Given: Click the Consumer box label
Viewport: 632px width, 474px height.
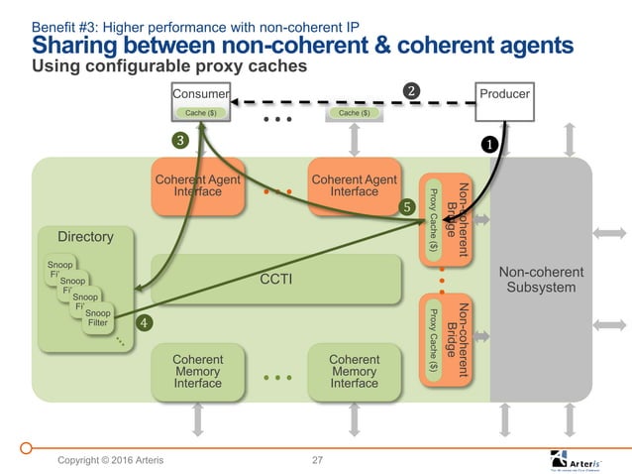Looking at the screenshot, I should pyautogui.click(x=201, y=95).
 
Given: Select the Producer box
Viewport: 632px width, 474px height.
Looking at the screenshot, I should pyautogui.click(x=505, y=94).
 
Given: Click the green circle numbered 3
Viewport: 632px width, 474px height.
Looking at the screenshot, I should pyautogui.click(x=180, y=140).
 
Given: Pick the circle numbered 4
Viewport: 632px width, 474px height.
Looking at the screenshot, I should pyautogui.click(x=145, y=322).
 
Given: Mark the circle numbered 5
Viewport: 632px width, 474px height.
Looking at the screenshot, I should pyautogui.click(x=405, y=206).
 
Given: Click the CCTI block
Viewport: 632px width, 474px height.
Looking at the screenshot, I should pyautogui.click(x=276, y=279).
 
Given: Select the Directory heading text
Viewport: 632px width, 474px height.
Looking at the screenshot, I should pyautogui.click(x=85, y=237).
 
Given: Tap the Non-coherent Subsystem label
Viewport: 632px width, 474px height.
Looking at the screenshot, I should pyautogui.click(x=541, y=280).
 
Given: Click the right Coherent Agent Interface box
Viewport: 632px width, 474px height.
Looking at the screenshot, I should pyautogui.click(x=354, y=185).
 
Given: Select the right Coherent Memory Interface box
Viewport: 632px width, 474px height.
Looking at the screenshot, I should pyautogui.click(x=354, y=373).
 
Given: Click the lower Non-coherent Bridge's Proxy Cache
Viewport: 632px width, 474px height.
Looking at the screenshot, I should pyautogui.click(x=433, y=339).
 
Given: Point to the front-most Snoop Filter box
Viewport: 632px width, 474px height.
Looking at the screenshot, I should pyautogui.click(x=98, y=316).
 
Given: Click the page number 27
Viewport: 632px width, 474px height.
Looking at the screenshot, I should pyautogui.click(x=317, y=460).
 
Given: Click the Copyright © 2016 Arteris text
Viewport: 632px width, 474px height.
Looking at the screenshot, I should pyautogui.click(x=110, y=460).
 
